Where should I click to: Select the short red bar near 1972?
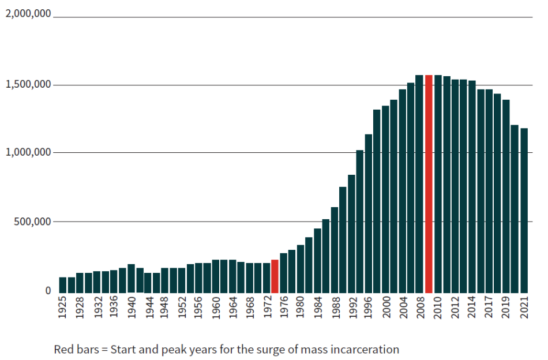tap(275, 276)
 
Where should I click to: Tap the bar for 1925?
tap(63, 284)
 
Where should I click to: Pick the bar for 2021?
tap(524, 210)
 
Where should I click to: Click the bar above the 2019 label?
tap(506, 196)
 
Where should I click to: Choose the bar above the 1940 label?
tap(131, 278)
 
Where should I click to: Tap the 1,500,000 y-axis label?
tap(28, 84)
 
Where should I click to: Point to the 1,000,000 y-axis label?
tap(28, 152)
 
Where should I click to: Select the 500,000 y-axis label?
tap(33, 221)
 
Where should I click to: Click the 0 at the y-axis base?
tap(48, 291)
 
